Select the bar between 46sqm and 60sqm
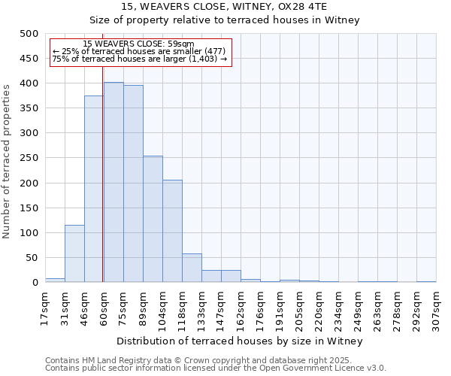[x=94, y=189]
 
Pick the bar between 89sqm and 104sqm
[x=153, y=219]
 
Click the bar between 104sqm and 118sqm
[x=172, y=231]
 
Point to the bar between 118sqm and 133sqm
[x=192, y=268]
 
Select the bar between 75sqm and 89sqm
[x=133, y=183]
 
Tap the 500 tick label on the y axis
[x=29, y=34]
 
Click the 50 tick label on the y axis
[x=32, y=258]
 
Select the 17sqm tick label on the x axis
[x=46, y=308]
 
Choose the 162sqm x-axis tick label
[x=241, y=311]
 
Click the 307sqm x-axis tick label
[x=437, y=311]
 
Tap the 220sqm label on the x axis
[x=319, y=311]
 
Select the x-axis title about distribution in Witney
[x=241, y=341]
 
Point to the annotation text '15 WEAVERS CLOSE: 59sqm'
[x=138, y=44]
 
